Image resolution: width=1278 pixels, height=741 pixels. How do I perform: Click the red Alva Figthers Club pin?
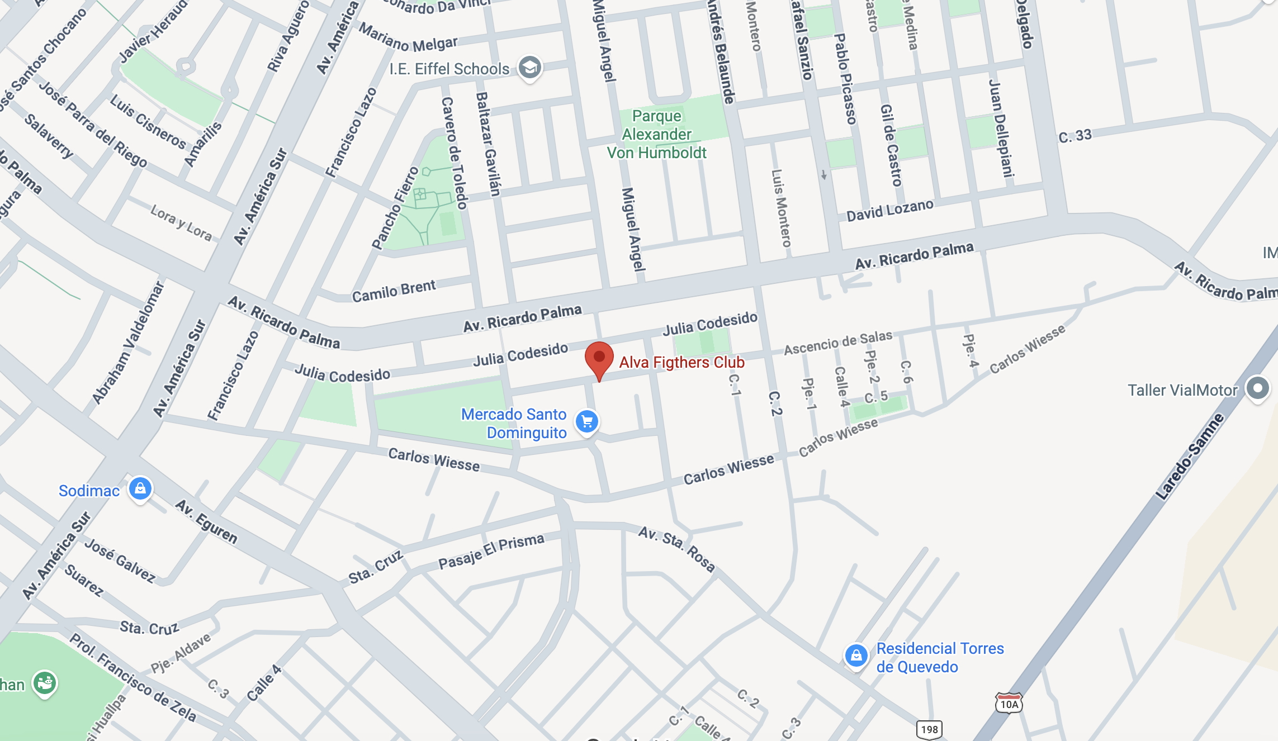[x=599, y=358]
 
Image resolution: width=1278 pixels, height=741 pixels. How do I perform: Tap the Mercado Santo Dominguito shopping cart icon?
[x=587, y=422]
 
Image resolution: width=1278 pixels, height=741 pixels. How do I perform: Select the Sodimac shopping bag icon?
[x=140, y=489]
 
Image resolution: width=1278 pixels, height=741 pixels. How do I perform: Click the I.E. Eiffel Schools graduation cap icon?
[x=529, y=68]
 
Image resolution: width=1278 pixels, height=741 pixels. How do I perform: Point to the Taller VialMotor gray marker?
[x=1258, y=388]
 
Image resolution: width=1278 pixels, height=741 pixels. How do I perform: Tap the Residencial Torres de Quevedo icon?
[x=856, y=655]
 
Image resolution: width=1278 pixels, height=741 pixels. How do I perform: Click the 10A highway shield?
[x=1009, y=704]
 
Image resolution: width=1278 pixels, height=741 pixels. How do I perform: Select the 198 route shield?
[x=929, y=729]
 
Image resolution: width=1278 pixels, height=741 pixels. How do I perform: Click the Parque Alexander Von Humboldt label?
[x=657, y=134]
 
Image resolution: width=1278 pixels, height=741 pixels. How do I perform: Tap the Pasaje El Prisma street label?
[x=491, y=552]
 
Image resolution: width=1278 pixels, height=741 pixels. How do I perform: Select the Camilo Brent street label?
[x=394, y=291]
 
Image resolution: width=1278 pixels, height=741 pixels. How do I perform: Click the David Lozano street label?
[x=889, y=211]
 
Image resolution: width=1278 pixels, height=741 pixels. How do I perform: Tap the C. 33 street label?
[x=1075, y=135]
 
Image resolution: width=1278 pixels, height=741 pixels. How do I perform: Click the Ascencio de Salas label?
[x=838, y=342]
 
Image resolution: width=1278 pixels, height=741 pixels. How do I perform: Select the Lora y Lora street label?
[x=181, y=222]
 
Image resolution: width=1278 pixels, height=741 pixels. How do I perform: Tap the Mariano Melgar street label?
[x=408, y=37]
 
